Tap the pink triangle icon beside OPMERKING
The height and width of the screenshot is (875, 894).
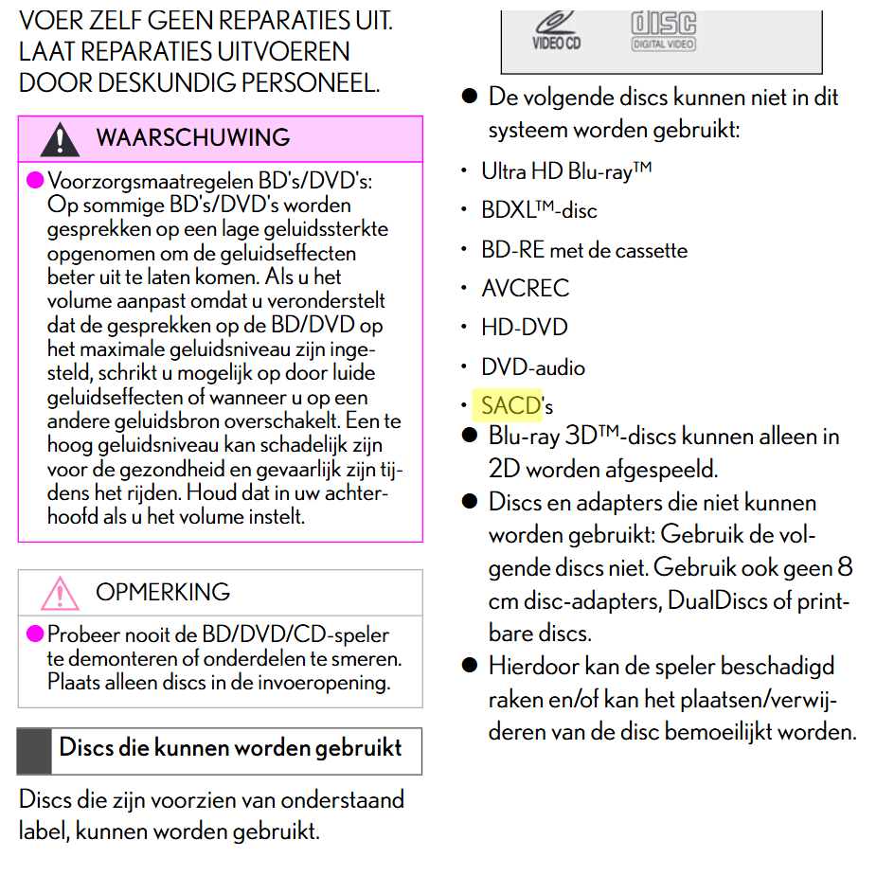[60, 593]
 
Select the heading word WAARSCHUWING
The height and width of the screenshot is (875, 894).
[193, 138]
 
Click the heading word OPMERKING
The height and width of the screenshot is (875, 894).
[163, 592]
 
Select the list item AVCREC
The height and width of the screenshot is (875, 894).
[526, 289]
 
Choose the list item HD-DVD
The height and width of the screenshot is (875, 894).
[525, 328]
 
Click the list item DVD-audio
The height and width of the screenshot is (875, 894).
[533, 366]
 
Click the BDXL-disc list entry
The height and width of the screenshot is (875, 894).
[539, 210]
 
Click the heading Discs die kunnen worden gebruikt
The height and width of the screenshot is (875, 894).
[230, 748]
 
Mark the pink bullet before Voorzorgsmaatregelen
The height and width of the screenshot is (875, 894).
[35, 180]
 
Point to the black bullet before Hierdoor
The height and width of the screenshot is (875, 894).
[469, 665]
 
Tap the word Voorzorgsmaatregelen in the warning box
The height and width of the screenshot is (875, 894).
[150, 181]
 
